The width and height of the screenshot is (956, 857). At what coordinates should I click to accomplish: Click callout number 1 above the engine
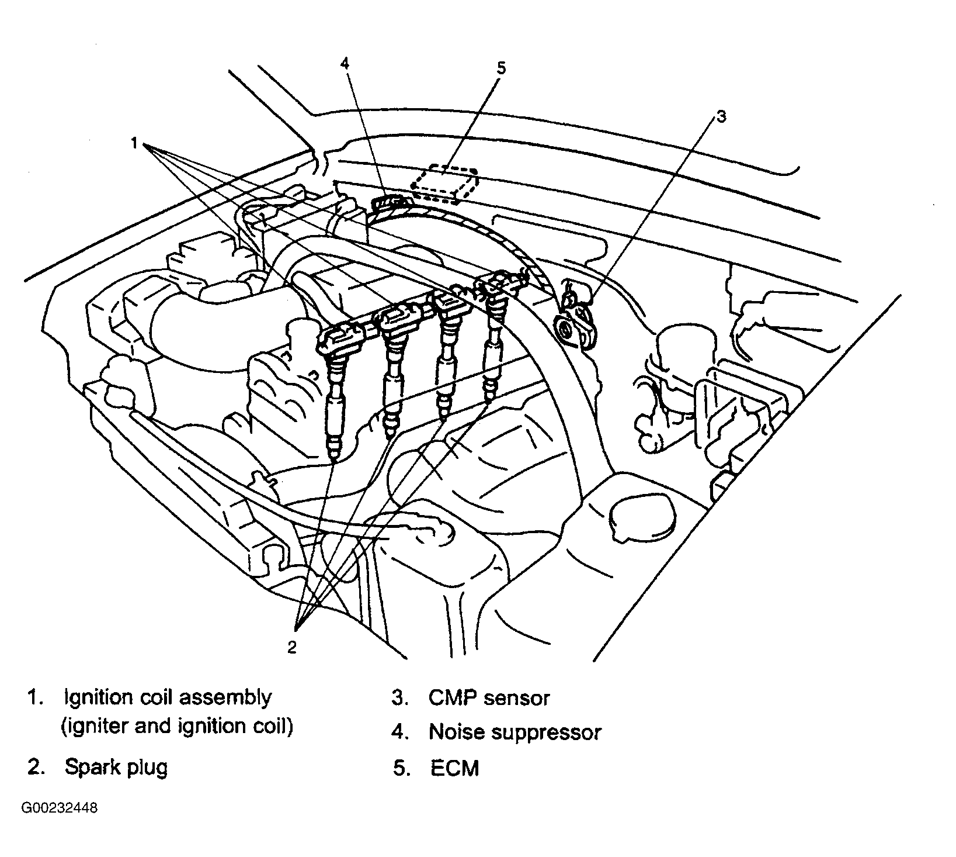pyautogui.click(x=134, y=143)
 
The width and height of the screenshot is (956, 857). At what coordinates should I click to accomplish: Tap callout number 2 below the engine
pyautogui.click(x=292, y=647)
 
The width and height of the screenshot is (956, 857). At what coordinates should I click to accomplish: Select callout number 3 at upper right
pyautogui.click(x=721, y=117)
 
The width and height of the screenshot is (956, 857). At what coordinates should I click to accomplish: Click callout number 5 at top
pyautogui.click(x=501, y=68)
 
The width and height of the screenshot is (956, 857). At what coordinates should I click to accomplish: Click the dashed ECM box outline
pyautogui.click(x=444, y=185)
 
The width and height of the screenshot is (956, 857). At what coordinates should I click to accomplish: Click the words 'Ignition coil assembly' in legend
pyautogui.click(x=168, y=698)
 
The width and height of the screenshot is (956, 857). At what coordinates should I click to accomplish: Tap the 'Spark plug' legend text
pyautogui.click(x=116, y=767)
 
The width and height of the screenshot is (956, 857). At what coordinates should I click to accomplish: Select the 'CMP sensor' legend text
pyautogui.click(x=489, y=698)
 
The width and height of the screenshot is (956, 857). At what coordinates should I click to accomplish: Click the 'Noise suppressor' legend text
pyautogui.click(x=515, y=732)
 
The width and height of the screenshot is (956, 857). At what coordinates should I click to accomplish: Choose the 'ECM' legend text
pyautogui.click(x=454, y=768)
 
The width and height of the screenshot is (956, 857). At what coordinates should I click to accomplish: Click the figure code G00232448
pyautogui.click(x=60, y=808)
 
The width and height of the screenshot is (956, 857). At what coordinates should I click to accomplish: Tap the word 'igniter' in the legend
pyautogui.click(x=96, y=727)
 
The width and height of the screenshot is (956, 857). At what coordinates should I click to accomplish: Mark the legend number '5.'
pyautogui.click(x=401, y=768)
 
